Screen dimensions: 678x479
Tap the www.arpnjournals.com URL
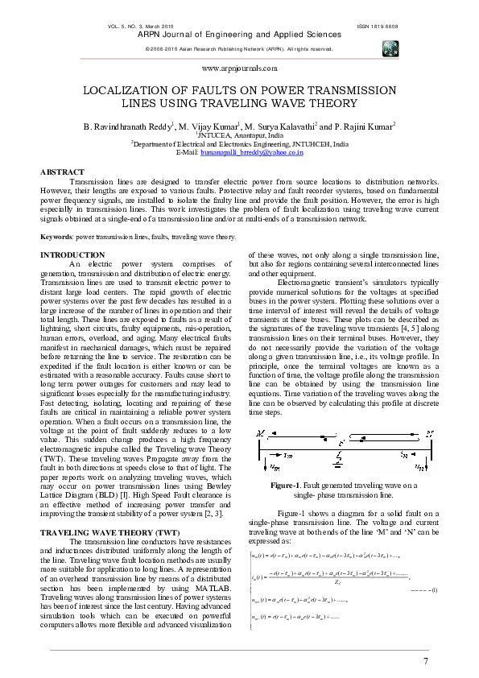pos(239,70)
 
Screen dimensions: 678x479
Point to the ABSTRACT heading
pos(62,172)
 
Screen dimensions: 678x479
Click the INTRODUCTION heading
pos(72,254)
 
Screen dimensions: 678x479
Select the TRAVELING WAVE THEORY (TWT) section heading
pos(109,511)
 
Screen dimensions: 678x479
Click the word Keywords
pos(56,238)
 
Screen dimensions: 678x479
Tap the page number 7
pos(425,661)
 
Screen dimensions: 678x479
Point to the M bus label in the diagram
pos(258,433)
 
